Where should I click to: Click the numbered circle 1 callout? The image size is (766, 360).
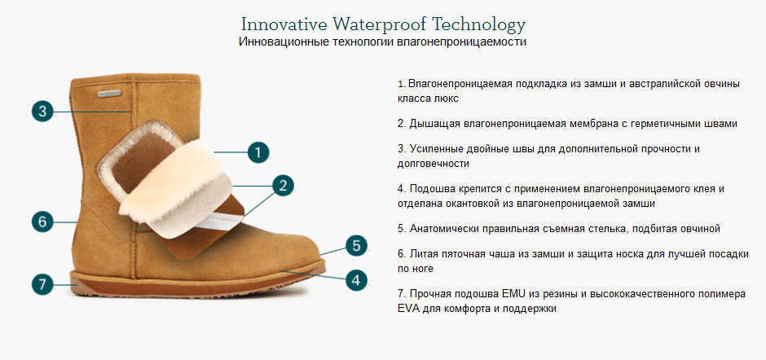click(258, 151)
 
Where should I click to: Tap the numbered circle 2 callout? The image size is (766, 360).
click(282, 185)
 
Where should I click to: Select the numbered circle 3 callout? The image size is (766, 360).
click(44, 111)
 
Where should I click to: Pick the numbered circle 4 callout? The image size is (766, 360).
click(354, 279)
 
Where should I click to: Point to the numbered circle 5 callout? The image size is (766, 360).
click(354, 245)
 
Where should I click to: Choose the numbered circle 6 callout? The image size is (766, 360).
click(44, 221)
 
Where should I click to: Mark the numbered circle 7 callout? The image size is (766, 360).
click(44, 284)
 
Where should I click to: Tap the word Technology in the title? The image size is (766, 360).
click(481, 24)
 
